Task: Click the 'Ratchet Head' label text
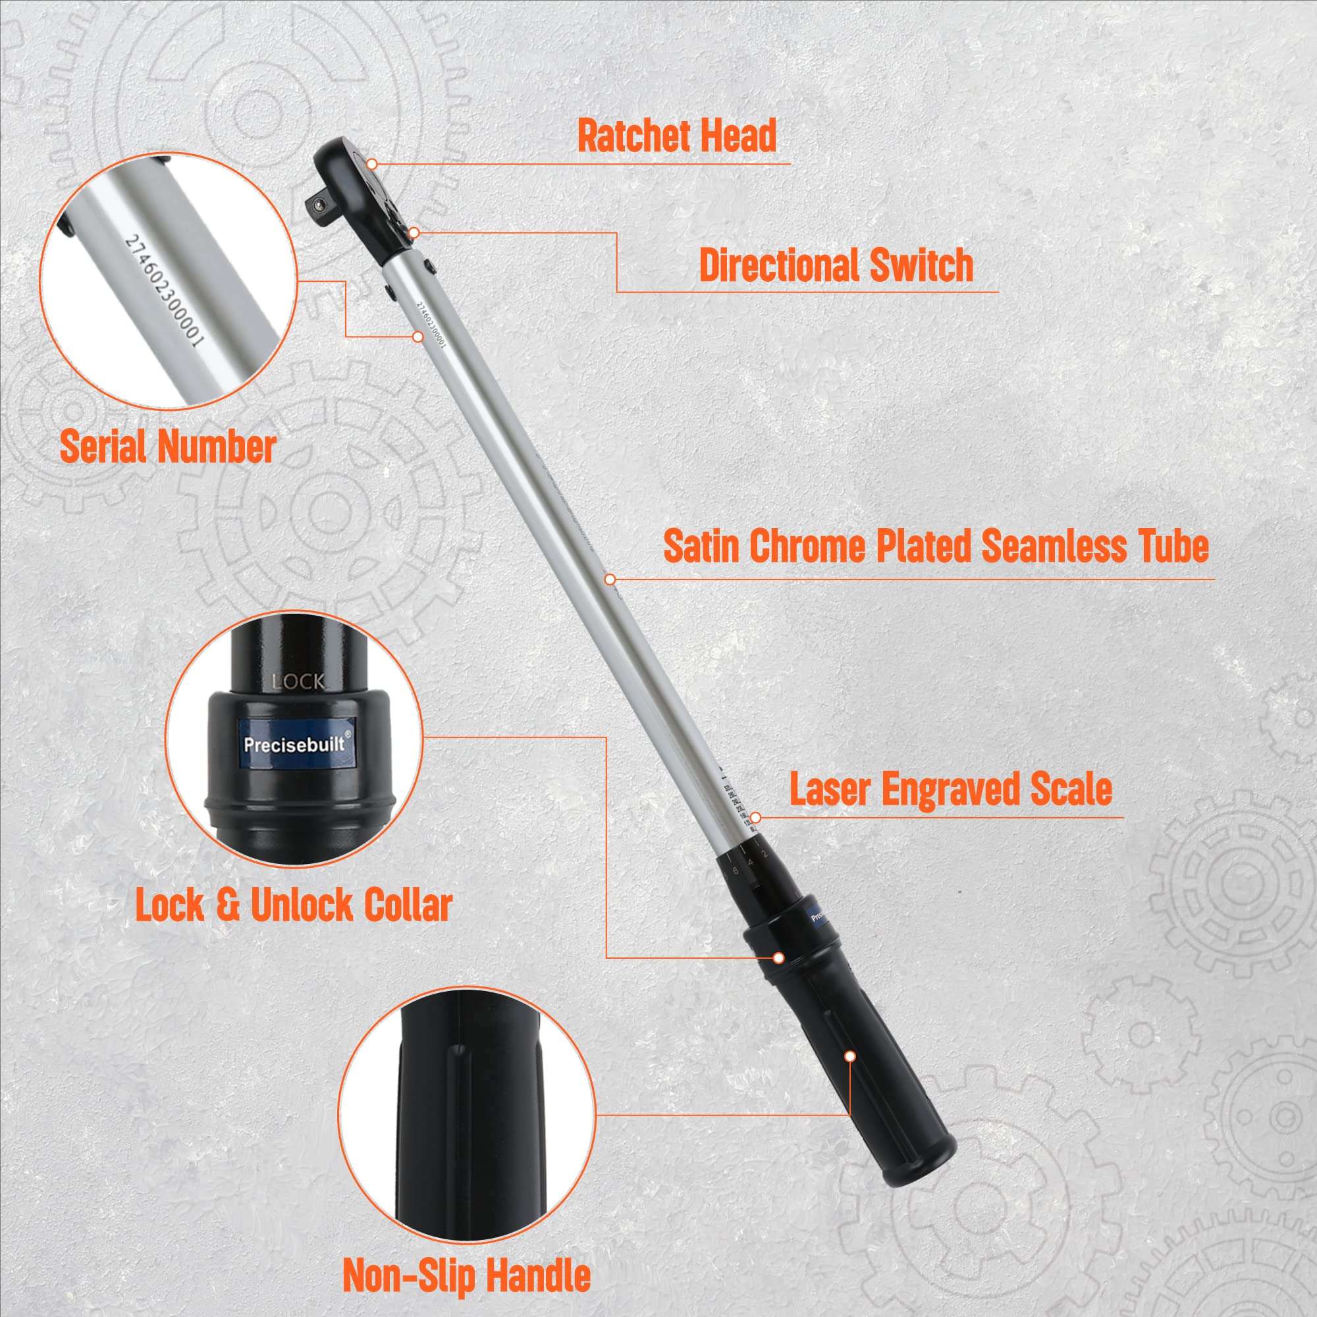676,136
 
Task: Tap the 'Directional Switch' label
836,265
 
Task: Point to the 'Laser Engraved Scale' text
951,789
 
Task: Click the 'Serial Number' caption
168,447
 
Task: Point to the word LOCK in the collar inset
298,682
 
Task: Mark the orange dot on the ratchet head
372,164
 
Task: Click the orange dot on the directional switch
414,232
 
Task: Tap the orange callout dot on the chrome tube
609,579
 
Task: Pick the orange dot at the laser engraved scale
755,817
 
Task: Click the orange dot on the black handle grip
850,1056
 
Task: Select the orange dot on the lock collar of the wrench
778,957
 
